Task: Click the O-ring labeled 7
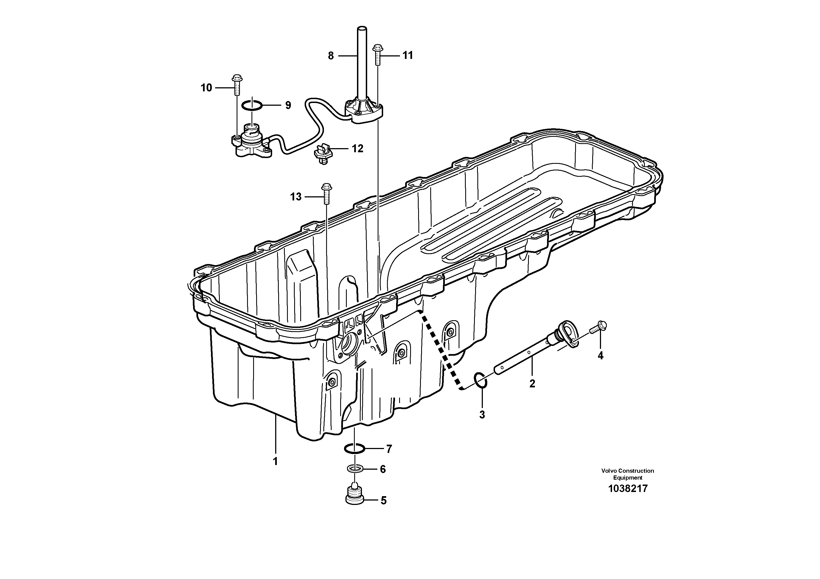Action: pyautogui.click(x=354, y=448)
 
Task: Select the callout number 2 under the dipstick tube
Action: pyautogui.click(x=532, y=384)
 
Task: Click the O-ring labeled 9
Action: pyautogui.click(x=252, y=105)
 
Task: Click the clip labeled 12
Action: pyautogui.click(x=323, y=156)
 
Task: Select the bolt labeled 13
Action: pyautogui.click(x=326, y=194)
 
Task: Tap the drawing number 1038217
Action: pyautogui.click(x=627, y=489)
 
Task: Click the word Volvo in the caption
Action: pyautogui.click(x=609, y=471)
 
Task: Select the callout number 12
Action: pyautogui.click(x=358, y=148)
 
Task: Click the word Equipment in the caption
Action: pyautogui.click(x=627, y=478)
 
